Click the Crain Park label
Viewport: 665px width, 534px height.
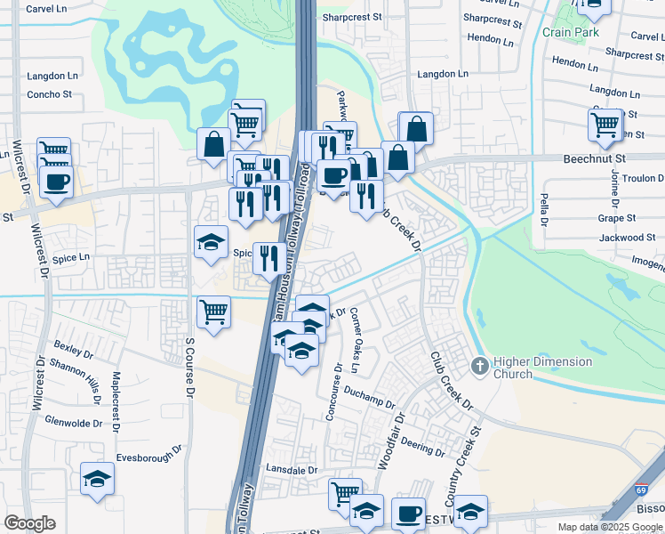click(x=571, y=33)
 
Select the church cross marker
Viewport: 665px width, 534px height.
click(x=480, y=365)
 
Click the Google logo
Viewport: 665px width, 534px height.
click(x=29, y=523)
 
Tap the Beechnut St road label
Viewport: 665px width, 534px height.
click(x=596, y=158)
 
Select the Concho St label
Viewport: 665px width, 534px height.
click(x=49, y=94)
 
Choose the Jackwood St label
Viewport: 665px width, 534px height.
click(x=627, y=238)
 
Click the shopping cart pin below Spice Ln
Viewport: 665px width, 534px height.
click(x=213, y=312)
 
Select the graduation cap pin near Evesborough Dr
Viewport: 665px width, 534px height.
click(x=98, y=479)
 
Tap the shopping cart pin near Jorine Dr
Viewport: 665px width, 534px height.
click(x=605, y=125)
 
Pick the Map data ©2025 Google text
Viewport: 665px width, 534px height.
click(x=610, y=527)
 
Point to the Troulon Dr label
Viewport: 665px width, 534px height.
click(x=639, y=178)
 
